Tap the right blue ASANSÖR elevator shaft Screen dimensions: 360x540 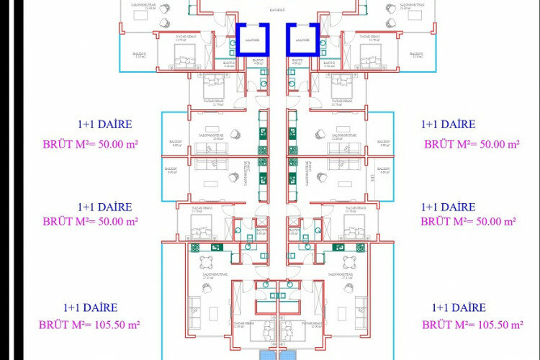pyautogui.click(x=302, y=40)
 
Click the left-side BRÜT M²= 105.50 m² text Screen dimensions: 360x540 pyautogui.click(x=89, y=325)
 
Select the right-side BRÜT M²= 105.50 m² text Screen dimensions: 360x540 pyautogui.click(x=473, y=325)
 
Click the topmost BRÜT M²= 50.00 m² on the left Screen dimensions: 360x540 pyautogui.click(x=89, y=144)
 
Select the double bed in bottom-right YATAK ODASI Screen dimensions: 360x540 pyautogui.click(x=296, y=331)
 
